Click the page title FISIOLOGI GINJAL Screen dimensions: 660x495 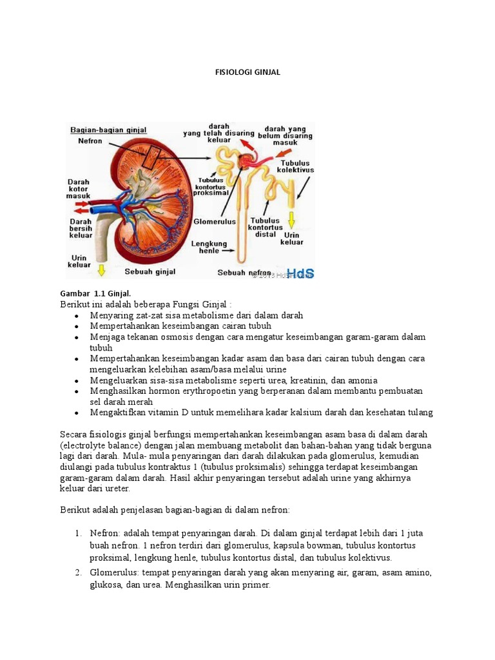[247, 72]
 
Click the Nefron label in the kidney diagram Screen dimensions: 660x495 [90, 141]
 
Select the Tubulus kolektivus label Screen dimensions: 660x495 [295, 166]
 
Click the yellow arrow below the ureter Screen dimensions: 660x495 [101, 268]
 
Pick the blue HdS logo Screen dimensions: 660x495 [300, 273]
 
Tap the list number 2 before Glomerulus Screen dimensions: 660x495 [77, 572]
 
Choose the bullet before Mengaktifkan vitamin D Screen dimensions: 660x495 [77, 412]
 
